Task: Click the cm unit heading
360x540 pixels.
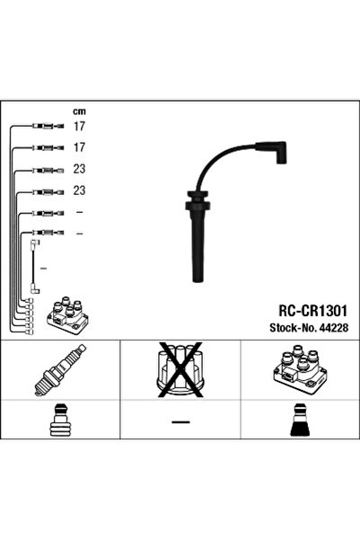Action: coord(78,111)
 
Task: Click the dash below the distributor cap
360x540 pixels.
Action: coord(180,420)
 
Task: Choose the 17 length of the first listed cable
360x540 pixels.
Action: coord(79,126)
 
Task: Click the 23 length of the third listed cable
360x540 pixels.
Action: coord(79,169)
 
